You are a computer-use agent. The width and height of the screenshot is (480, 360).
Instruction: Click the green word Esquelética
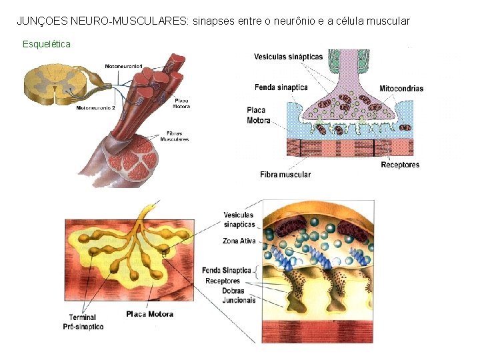pyautogui.click(x=47, y=44)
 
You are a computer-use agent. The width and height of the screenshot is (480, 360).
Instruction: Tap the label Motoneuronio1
pyautogui.click(x=124, y=65)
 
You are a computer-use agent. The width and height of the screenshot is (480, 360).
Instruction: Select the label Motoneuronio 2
pyautogui.click(x=96, y=107)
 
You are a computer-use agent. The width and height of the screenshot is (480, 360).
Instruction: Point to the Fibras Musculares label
pyautogui.click(x=175, y=136)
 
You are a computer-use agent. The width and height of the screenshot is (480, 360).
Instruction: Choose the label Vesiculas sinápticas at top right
pyautogui.click(x=288, y=57)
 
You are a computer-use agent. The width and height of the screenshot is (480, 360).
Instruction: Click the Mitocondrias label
pyautogui.click(x=401, y=89)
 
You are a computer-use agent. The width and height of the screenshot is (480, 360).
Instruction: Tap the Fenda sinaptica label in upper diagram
pyautogui.click(x=281, y=87)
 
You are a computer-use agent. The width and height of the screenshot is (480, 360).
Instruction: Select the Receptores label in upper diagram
pyautogui.click(x=400, y=165)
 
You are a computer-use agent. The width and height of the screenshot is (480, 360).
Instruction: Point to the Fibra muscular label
pyautogui.click(x=285, y=175)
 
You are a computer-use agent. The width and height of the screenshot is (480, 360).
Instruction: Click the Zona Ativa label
pyautogui.click(x=239, y=241)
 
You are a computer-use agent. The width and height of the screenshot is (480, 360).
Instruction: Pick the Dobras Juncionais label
pyautogui.click(x=239, y=295)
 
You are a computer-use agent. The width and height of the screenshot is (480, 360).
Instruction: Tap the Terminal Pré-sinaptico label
pyautogui.click(x=83, y=322)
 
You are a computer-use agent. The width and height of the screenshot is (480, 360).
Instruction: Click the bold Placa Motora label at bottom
pyautogui.click(x=149, y=314)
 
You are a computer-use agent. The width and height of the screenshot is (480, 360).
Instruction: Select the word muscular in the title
pyautogui.click(x=387, y=21)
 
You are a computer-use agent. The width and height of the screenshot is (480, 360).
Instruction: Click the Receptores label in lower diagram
pyautogui.click(x=223, y=281)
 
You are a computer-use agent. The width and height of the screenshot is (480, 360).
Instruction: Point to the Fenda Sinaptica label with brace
pyautogui.click(x=227, y=270)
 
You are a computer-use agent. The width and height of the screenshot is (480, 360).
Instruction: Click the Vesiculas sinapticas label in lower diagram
pyautogui.click(x=239, y=220)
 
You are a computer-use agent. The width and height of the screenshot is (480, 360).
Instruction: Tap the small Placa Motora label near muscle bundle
pyautogui.click(x=181, y=103)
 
